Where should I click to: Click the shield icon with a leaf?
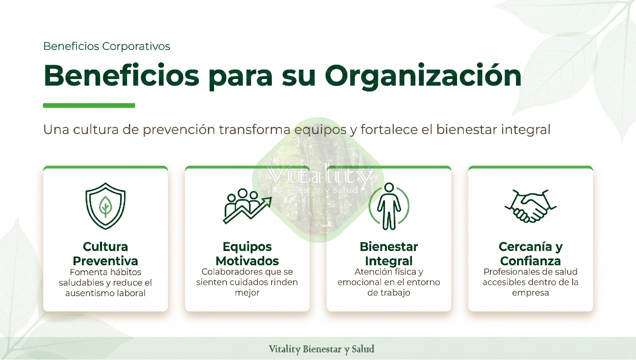pos(105,206)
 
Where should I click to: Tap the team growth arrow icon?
pos(247,206)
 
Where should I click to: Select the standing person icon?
pos(389,206)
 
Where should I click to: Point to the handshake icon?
pos(530,206)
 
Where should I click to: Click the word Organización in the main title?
pos(423,76)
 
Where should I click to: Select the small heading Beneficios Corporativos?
pos(106,46)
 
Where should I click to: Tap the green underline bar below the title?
pos(89,105)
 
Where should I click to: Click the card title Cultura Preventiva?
pos(105,254)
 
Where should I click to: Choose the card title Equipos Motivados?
pos(247,254)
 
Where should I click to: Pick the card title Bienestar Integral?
pos(389,254)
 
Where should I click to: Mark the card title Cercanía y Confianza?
pos(530,254)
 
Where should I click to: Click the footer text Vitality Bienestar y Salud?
pos(321,349)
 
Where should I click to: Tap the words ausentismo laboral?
pos(105,293)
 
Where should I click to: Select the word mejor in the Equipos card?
pos(247,293)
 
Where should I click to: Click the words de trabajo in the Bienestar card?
pos(389,293)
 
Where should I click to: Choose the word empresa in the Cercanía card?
pos(530,293)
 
